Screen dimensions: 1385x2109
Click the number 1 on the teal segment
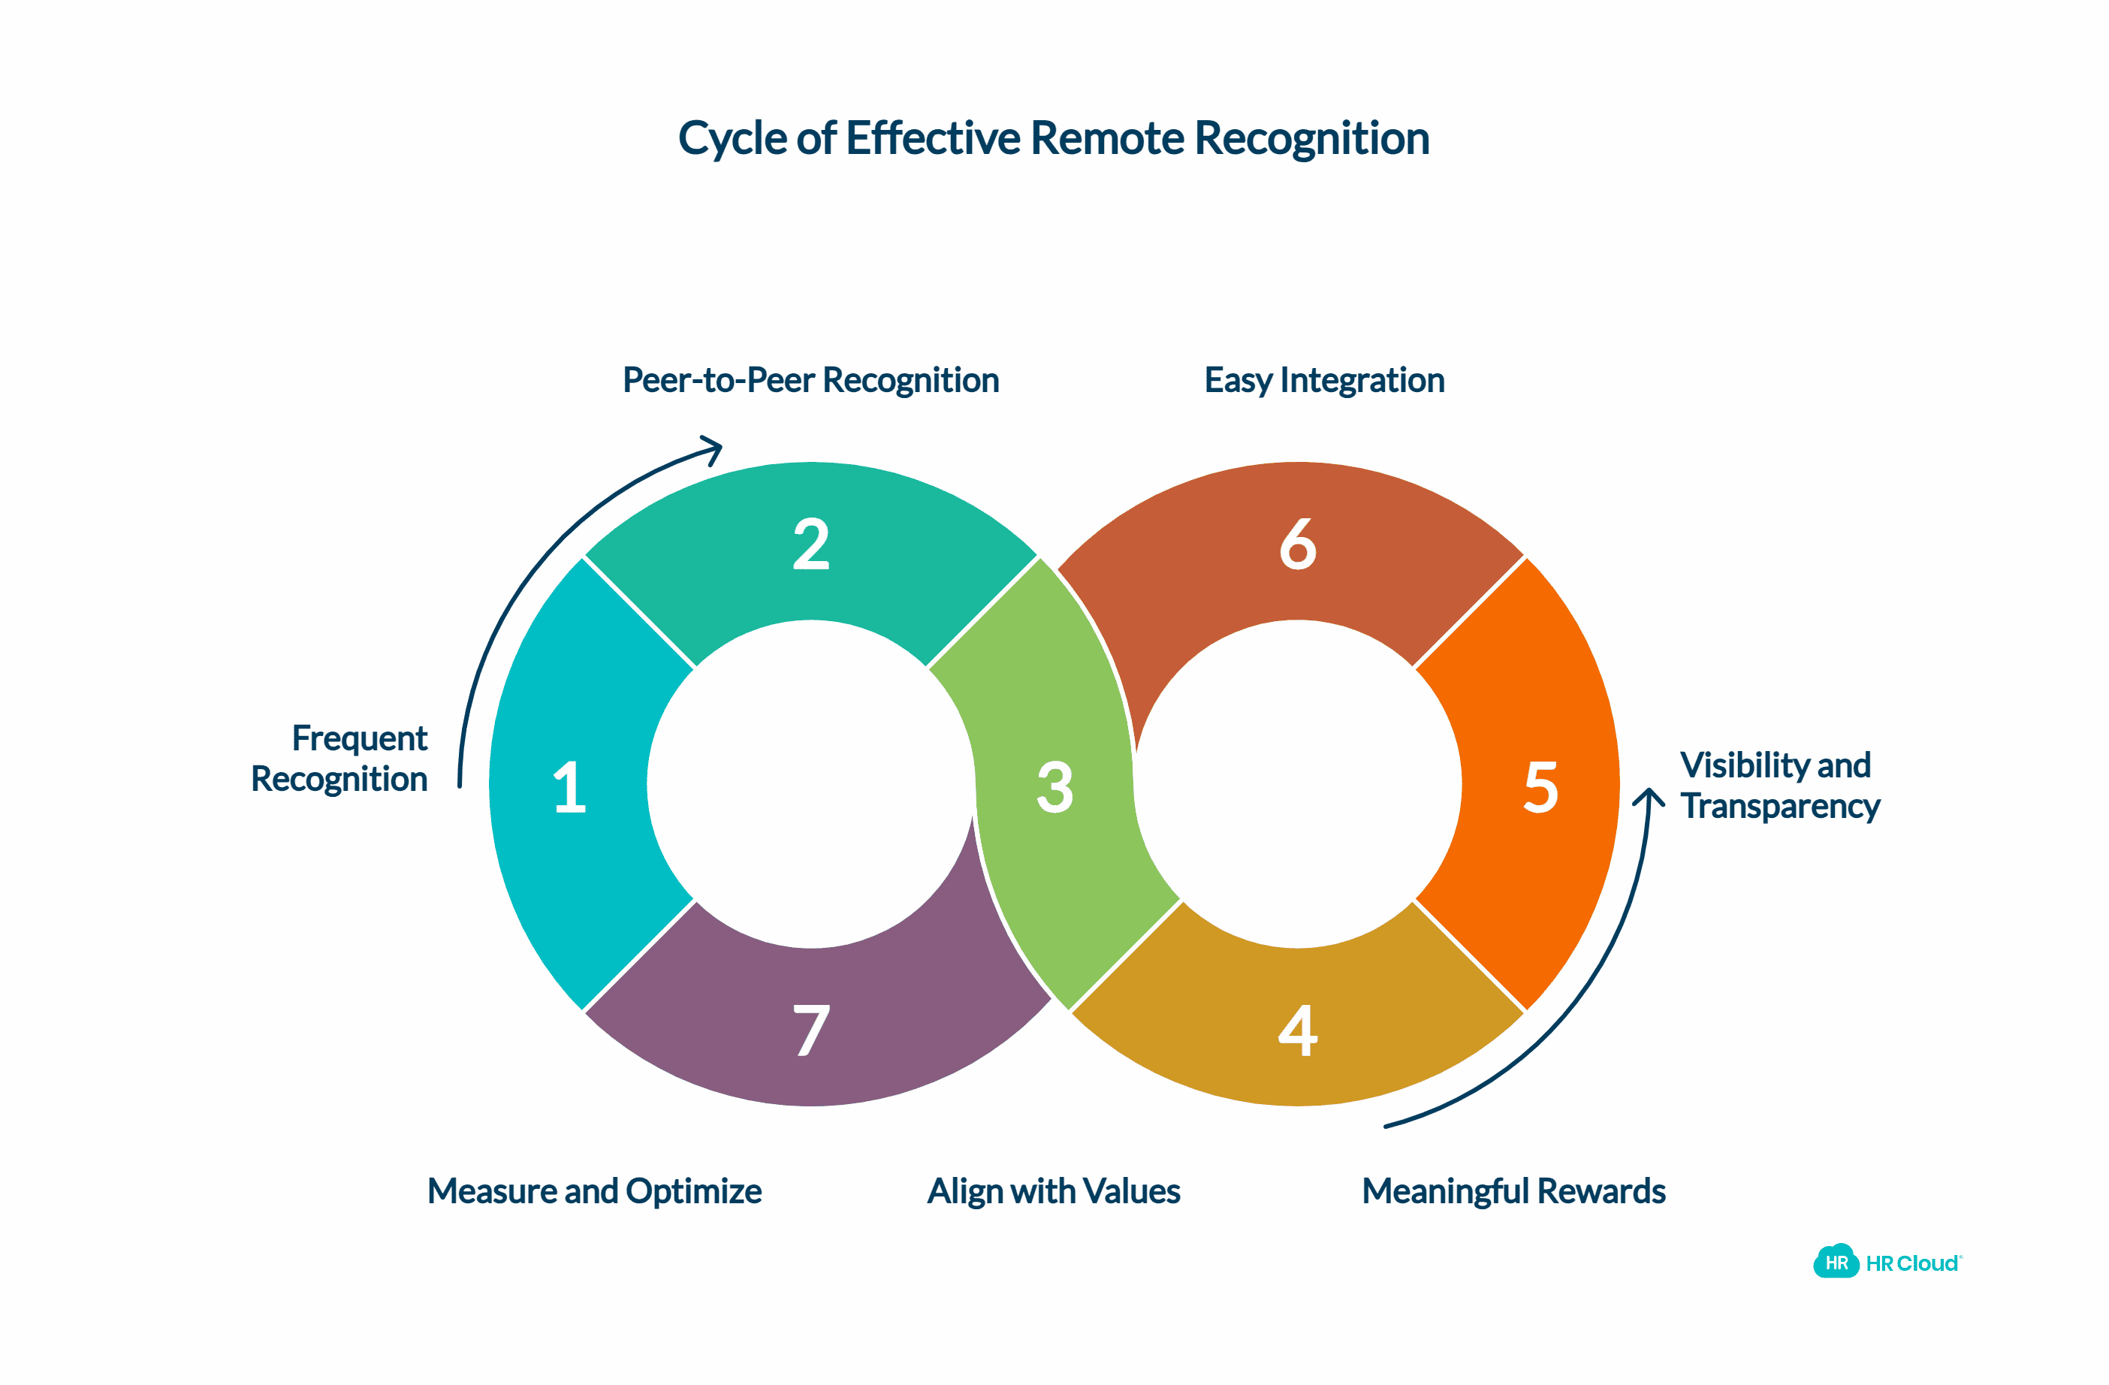click(569, 787)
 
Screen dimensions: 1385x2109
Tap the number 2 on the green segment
click(811, 544)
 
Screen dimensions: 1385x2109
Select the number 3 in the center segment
click(1054, 787)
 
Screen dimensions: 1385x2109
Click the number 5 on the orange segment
click(1541, 787)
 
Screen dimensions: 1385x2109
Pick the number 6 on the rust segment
click(1297, 544)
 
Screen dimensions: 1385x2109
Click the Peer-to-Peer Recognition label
click(811, 380)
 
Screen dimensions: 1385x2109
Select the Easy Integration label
click(1324, 380)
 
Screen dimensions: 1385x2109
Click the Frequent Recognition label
click(341, 759)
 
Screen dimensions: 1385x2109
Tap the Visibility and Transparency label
click(1779, 786)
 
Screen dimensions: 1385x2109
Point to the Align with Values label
click(1054, 1191)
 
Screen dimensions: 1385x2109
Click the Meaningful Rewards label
click(1513, 1191)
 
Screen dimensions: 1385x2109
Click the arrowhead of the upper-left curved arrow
click(714, 448)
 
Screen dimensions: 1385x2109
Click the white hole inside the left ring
click(811, 784)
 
